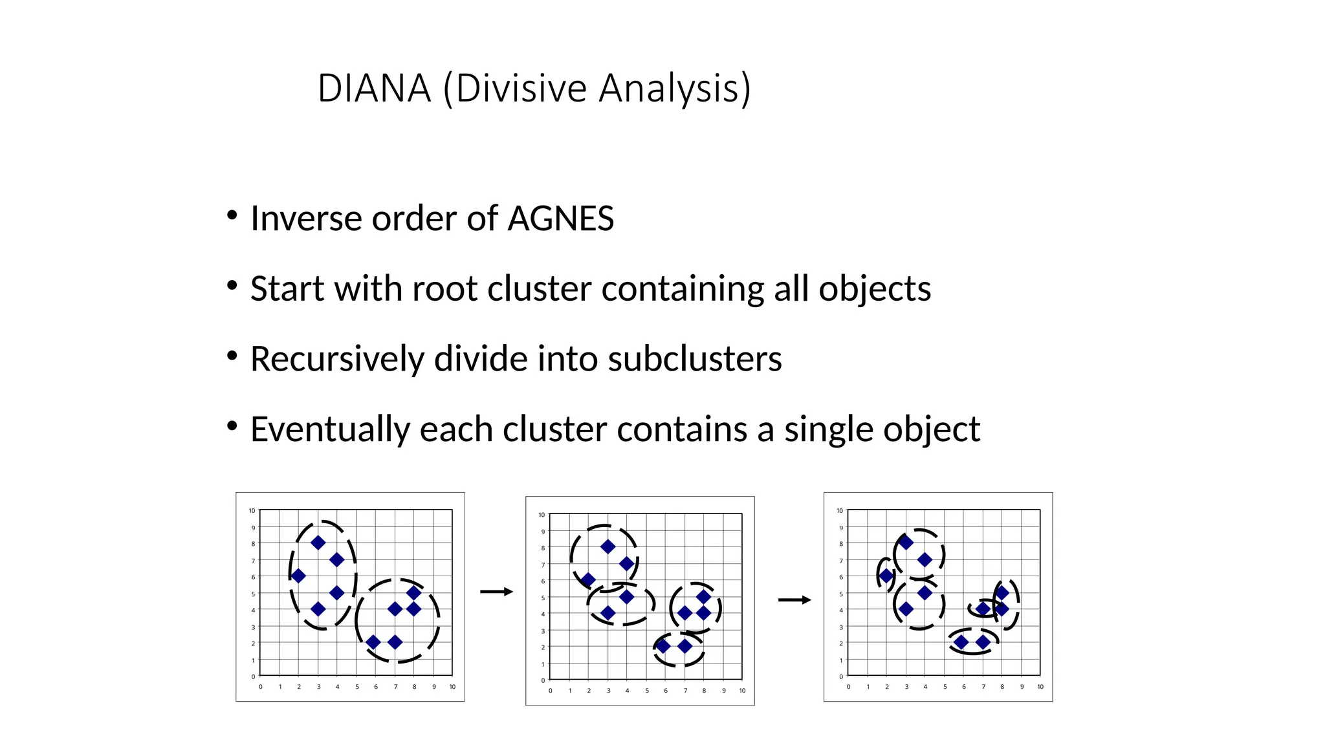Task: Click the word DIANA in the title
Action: (x=374, y=88)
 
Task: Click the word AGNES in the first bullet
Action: (x=560, y=219)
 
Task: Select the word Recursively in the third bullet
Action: (x=336, y=359)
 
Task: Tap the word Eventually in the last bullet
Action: (x=329, y=429)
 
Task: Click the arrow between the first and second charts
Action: (x=496, y=592)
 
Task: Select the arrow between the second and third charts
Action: (x=794, y=600)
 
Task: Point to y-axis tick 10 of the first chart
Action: (x=252, y=511)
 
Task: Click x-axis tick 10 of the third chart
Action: (x=1040, y=687)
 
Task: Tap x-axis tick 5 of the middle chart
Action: (x=646, y=691)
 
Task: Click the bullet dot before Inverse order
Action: (x=232, y=215)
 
